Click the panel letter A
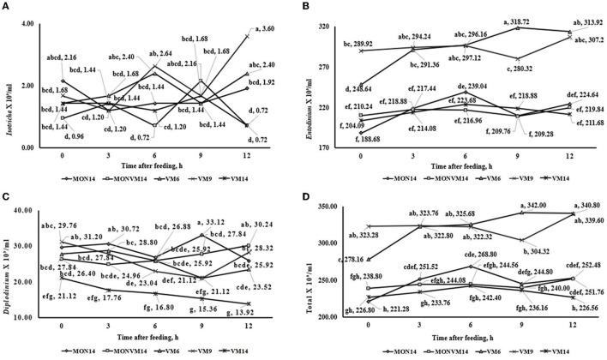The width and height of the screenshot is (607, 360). pyautogui.click(x=6, y=6)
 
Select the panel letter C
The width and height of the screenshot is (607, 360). pyautogui.click(x=6, y=187)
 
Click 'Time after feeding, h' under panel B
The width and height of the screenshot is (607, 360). pyautogui.click(x=467, y=160)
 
